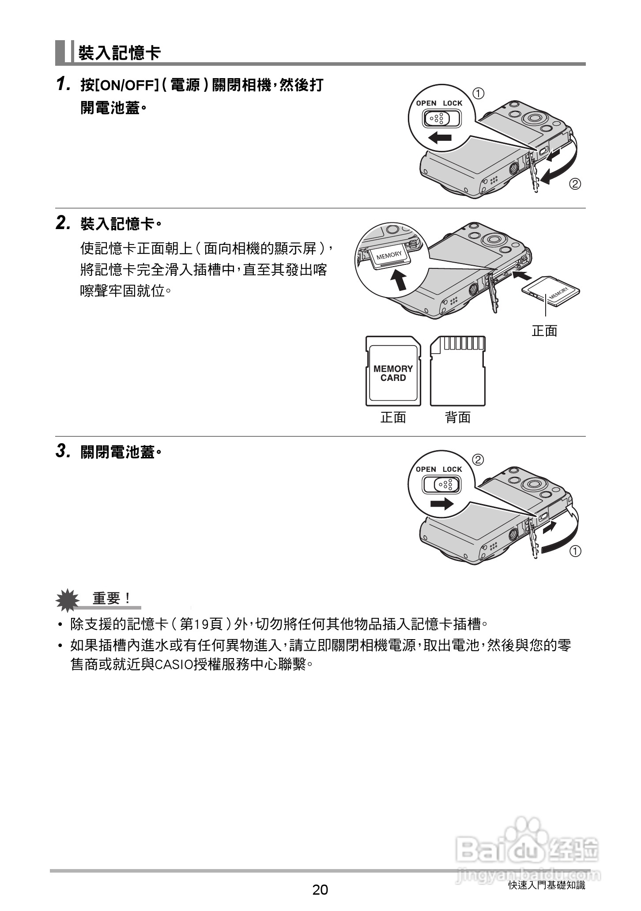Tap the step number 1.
[63, 84]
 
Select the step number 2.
[63, 223]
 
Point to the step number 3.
[63, 451]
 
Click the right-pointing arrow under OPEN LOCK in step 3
[442, 503]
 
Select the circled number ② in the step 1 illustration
[574, 184]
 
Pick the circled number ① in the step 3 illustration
[575, 551]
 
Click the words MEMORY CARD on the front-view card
[393, 373]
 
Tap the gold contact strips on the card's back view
[464, 343]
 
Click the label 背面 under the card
[458, 417]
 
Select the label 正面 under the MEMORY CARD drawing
[393, 417]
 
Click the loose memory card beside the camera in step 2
[551, 291]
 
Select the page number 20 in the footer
[320, 890]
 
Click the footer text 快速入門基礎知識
[547, 885]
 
